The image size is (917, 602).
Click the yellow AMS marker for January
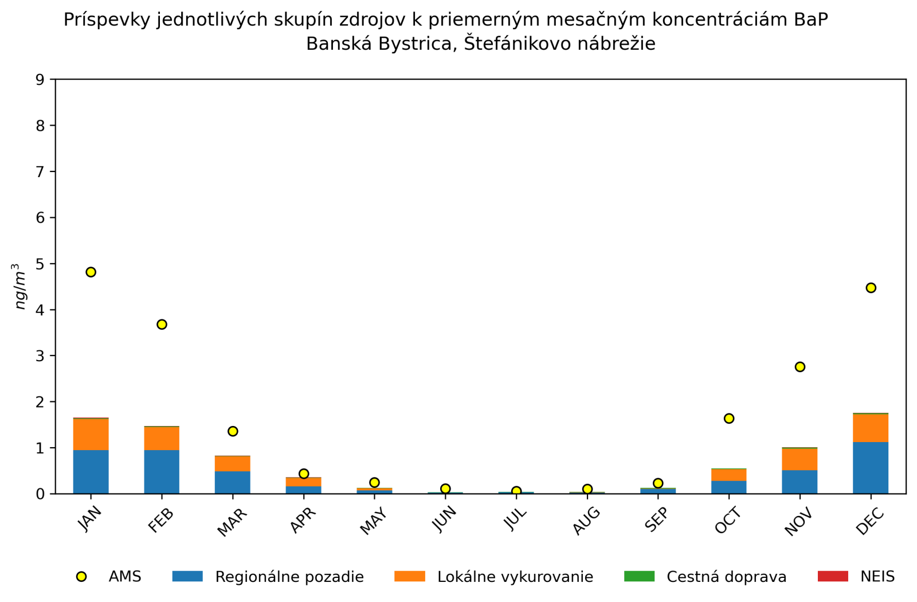pos(91,272)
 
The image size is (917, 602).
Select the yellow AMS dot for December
pos(871,288)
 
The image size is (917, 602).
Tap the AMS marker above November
pos(800,367)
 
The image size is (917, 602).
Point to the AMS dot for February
pos(162,325)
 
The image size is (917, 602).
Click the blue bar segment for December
pos(871,468)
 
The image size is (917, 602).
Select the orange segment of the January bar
pos(91,435)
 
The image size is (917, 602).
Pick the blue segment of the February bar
pos(162,472)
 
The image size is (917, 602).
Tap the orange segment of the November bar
pos(800,459)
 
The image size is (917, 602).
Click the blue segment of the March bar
pos(233,482)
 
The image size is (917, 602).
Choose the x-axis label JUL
pos(515,519)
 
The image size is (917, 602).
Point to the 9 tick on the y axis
pos(40,79)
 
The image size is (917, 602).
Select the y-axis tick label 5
pos(40,264)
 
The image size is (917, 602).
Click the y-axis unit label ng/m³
pos(20,286)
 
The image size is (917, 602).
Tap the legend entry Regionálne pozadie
pos(289,577)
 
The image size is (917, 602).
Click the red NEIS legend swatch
pos(832,576)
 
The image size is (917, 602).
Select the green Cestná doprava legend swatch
pos(639,576)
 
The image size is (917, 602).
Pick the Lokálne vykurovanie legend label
pos(515,577)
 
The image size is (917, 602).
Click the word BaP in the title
pos(811,20)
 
